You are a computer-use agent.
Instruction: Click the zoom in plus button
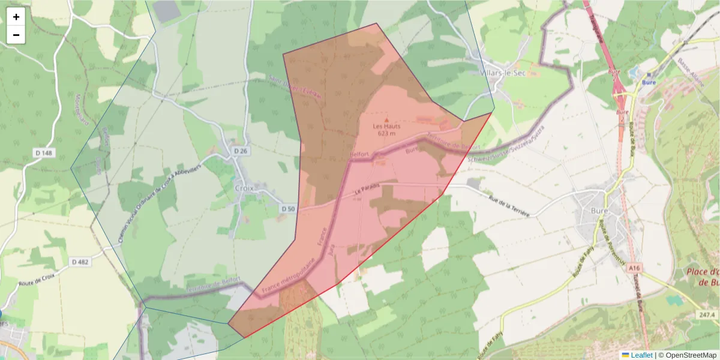click(16, 17)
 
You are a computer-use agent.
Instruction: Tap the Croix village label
click(245, 187)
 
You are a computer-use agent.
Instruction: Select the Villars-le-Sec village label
click(503, 73)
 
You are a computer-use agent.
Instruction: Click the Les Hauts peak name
click(386, 126)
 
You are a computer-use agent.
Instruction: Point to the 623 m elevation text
click(386, 133)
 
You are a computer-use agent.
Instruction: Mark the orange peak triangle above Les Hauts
click(386, 119)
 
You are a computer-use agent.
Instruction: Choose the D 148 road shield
click(44, 154)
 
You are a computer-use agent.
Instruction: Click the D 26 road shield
click(241, 150)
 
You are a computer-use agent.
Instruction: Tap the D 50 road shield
click(289, 208)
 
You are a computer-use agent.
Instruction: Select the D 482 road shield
click(80, 262)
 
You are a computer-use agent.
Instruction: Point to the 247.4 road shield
click(707, 315)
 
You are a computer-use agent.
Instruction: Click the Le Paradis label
click(367, 188)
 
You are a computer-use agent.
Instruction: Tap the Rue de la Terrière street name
click(509, 206)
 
